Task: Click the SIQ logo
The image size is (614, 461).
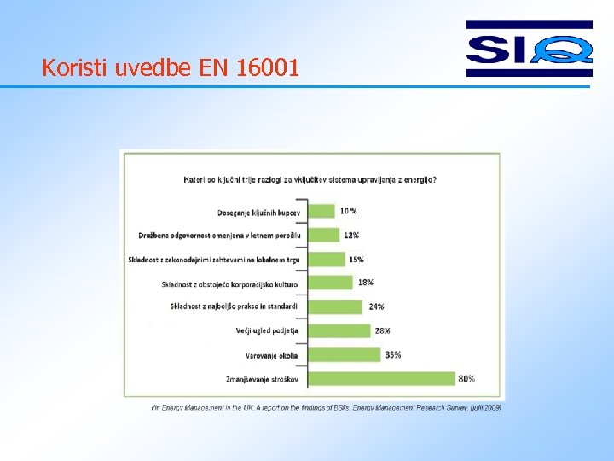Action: (x=529, y=49)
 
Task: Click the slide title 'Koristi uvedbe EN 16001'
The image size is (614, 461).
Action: (x=171, y=67)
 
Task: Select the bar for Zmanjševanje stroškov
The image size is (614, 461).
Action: (x=382, y=378)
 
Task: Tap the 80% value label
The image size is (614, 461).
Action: (x=466, y=378)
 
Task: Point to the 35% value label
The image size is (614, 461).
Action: (x=393, y=354)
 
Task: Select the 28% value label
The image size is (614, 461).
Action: (x=382, y=330)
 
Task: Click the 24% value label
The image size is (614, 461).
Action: (x=376, y=306)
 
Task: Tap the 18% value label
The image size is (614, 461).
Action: (x=366, y=282)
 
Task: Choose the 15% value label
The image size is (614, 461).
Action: (x=356, y=259)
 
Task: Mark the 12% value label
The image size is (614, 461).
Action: (x=351, y=235)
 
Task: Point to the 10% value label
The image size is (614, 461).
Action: (x=348, y=211)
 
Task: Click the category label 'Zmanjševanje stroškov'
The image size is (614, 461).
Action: (x=264, y=378)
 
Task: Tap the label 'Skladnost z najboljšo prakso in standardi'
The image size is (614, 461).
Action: (x=235, y=306)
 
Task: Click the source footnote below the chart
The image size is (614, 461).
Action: (x=327, y=407)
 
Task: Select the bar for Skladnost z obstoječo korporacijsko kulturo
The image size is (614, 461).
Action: (x=330, y=283)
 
